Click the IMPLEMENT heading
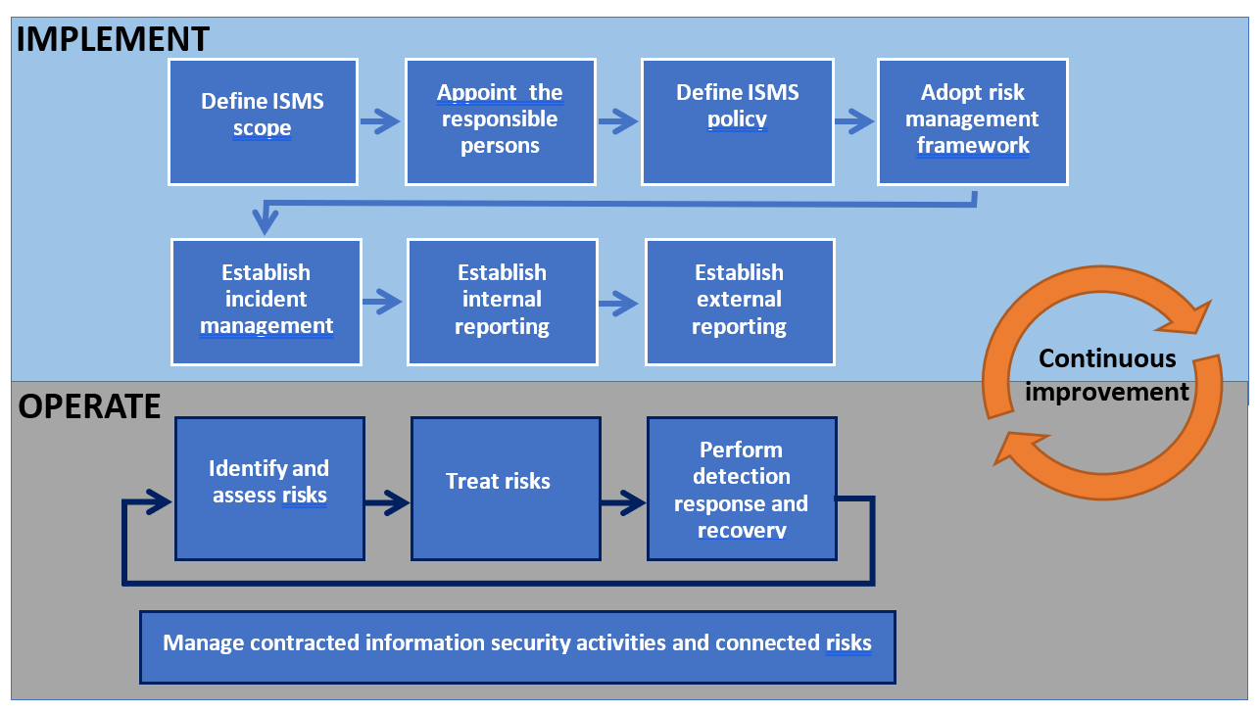click(x=114, y=39)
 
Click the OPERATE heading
click(x=89, y=405)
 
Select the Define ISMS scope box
click(x=263, y=121)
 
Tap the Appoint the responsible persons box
click(x=500, y=121)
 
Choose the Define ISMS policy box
click(x=737, y=121)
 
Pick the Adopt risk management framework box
click(x=972, y=121)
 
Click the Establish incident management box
click(x=266, y=302)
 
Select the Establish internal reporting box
click(x=503, y=302)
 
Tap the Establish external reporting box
click(x=740, y=302)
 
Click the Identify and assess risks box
click(x=269, y=488)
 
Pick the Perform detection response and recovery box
click(x=742, y=488)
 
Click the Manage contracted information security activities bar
click(x=517, y=646)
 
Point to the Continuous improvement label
click(x=1107, y=375)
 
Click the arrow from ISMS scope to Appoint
click(x=381, y=121)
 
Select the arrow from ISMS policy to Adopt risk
click(x=855, y=121)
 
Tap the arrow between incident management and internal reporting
click(x=384, y=302)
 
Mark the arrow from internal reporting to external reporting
click(x=621, y=302)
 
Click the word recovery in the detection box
click(x=742, y=531)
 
